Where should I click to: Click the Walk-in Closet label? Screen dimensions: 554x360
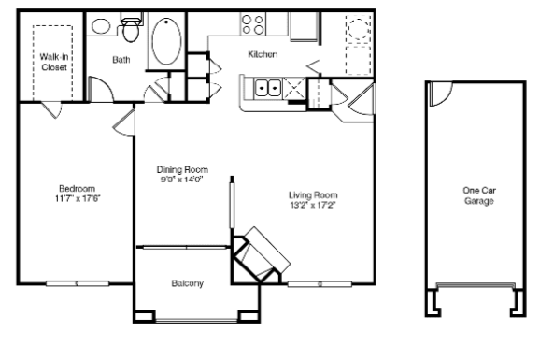[53, 62]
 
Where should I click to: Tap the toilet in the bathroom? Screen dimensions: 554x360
[131, 27]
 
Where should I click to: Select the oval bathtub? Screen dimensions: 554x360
[166, 41]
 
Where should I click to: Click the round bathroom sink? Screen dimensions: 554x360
[101, 26]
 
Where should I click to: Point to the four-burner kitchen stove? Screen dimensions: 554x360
[253, 24]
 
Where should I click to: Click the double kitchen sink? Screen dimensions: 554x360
[268, 87]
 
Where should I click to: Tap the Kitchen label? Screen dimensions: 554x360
[263, 54]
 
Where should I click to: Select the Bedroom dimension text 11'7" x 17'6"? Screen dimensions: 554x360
[78, 198]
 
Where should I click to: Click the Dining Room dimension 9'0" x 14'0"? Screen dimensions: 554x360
[182, 180]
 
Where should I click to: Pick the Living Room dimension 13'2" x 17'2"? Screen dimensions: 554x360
[313, 205]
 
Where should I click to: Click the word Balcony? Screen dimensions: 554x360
[187, 283]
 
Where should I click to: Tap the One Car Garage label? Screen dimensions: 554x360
[479, 195]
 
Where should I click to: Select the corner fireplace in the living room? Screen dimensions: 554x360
[261, 254]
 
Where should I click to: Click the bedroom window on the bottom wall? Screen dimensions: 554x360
[78, 283]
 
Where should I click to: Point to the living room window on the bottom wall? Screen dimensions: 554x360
[320, 283]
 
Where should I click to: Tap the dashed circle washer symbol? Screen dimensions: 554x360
[359, 28]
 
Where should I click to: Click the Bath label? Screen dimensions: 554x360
[121, 60]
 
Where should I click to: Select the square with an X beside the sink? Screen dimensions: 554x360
[294, 87]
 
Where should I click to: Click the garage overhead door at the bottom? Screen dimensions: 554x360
[476, 285]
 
